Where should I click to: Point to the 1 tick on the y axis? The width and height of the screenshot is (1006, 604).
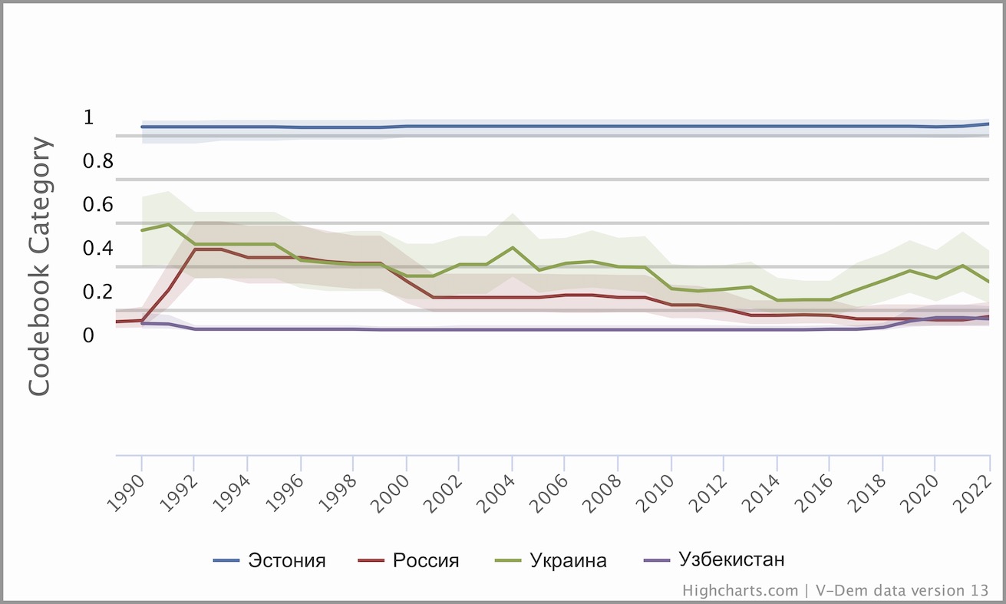click(x=88, y=117)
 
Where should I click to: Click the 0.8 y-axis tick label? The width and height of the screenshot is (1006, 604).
click(x=98, y=161)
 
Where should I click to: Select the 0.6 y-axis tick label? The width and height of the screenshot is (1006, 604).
click(x=98, y=205)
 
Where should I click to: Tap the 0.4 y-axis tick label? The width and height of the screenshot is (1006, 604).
click(x=98, y=249)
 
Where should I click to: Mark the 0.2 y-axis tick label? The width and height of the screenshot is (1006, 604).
click(x=98, y=292)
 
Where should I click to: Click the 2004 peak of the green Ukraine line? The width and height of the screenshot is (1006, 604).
click(x=512, y=248)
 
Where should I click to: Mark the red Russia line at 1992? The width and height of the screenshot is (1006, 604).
click(x=195, y=249)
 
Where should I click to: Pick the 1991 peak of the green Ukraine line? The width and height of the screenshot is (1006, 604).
click(x=168, y=225)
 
